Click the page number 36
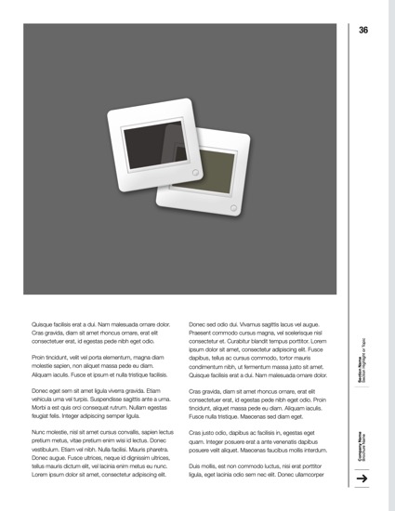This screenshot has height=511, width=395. (363, 31)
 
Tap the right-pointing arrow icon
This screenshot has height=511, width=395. (363, 478)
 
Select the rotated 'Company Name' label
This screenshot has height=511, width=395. (357, 442)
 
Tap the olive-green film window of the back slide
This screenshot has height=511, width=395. (214, 168)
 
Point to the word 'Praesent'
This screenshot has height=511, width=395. (203, 333)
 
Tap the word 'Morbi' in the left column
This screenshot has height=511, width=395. (40, 409)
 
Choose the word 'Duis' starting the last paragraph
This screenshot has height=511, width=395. (195, 465)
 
